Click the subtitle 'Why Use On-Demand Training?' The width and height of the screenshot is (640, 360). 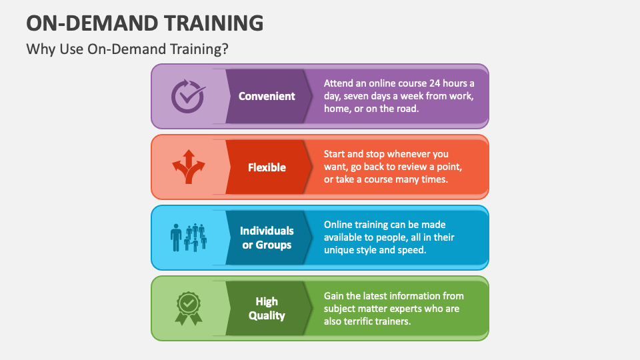point(131,50)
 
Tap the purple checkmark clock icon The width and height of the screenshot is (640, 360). point(187,96)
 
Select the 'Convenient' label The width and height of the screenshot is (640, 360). point(267,96)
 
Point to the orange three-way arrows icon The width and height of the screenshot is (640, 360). point(187,167)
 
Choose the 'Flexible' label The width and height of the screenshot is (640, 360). point(267,167)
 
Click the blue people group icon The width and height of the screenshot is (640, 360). point(187,237)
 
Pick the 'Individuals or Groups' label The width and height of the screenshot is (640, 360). point(267,238)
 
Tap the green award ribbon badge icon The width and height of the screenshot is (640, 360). point(188,308)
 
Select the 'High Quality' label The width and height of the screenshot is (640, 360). point(267,309)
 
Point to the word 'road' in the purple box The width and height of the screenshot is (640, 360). point(406,109)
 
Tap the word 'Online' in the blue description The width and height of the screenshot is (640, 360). point(339,225)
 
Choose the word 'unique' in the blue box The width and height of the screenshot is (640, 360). point(339,250)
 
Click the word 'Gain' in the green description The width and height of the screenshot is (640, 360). point(335,295)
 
